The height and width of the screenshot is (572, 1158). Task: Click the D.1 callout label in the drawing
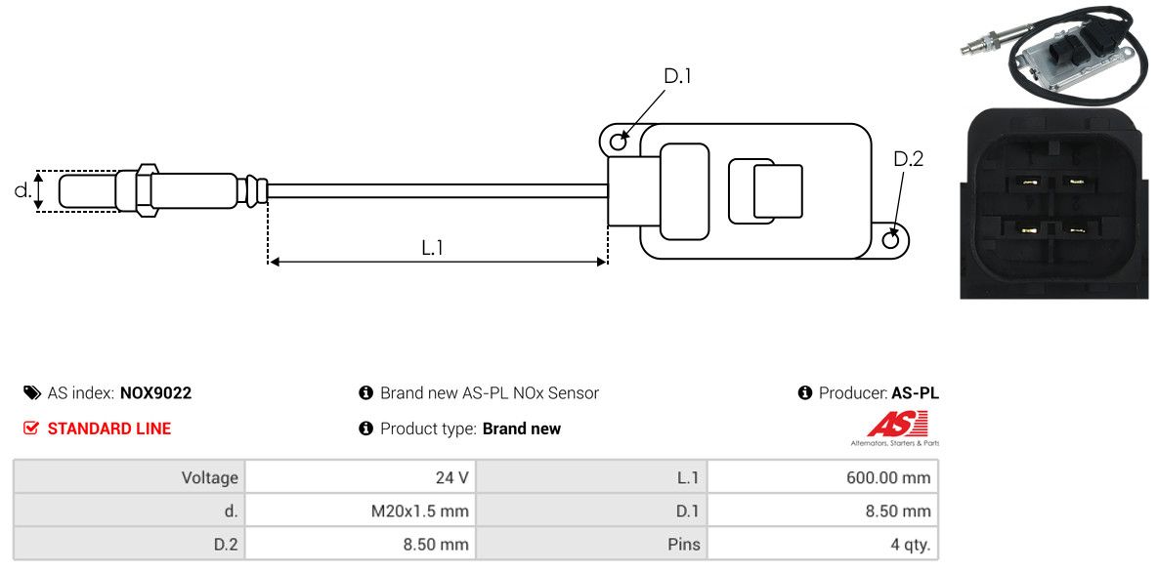pyautogui.click(x=677, y=76)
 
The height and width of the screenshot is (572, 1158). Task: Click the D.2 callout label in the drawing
pyautogui.click(x=909, y=159)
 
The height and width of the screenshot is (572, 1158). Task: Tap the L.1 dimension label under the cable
pyautogui.click(x=432, y=248)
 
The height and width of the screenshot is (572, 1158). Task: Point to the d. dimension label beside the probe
pyautogui.click(x=22, y=190)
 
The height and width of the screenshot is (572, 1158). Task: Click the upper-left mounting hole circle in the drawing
pyautogui.click(x=618, y=140)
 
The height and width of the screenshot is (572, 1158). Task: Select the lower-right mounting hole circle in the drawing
pyautogui.click(x=891, y=238)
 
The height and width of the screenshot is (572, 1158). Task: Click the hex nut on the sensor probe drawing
pyautogui.click(x=146, y=191)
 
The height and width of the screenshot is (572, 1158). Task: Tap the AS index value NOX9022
pyautogui.click(x=155, y=393)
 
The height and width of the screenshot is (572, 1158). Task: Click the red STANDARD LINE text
pyautogui.click(x=108, y=429)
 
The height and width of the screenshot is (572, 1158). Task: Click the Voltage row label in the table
pyautogui.click(x=210, y=477)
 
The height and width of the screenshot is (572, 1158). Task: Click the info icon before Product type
pyautogui.click(x=365, y=429)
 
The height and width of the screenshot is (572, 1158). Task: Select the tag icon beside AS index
pyautogui.click(x=31, y=393)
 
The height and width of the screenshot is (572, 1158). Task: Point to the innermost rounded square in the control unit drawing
pyautogui.click(x=778, y=190)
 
